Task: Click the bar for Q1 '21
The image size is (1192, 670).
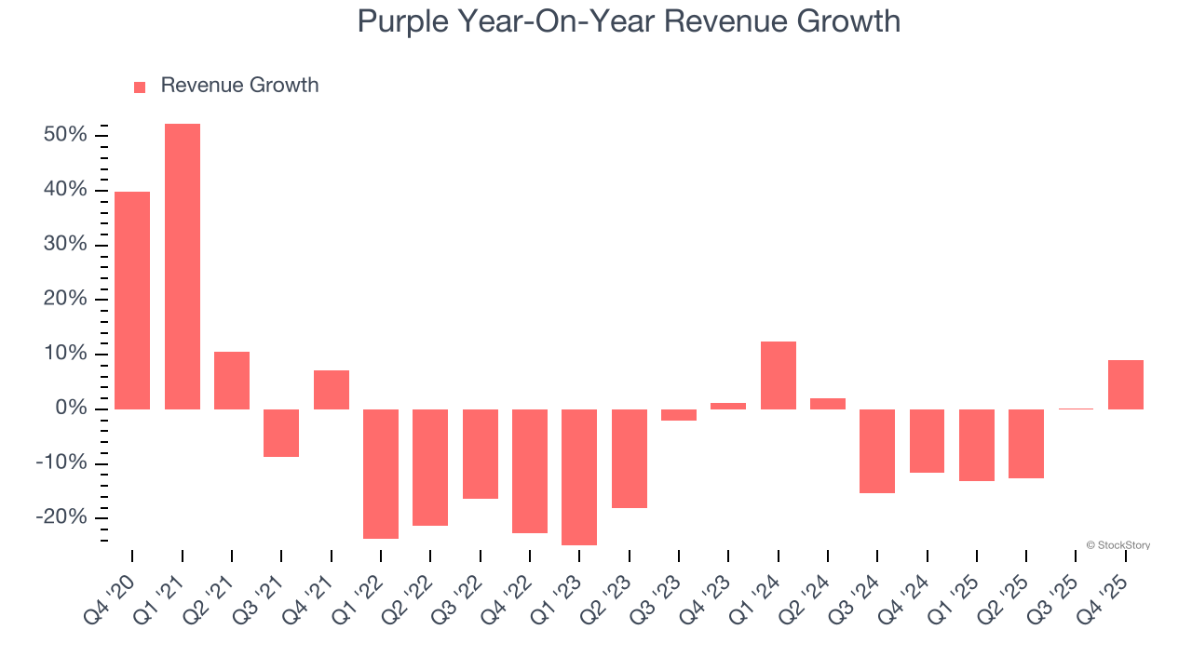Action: coord(183,266)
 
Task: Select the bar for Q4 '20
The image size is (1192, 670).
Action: coord(132,300)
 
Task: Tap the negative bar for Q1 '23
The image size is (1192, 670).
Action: coord(579,476)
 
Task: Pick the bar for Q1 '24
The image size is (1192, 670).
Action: coord(779,375)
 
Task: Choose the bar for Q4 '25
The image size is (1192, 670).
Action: coord(1126,384)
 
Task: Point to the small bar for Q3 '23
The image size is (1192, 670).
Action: coord(679,415)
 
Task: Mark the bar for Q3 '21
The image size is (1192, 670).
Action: coord(281,433)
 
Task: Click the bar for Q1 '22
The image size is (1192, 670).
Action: coord(381,474)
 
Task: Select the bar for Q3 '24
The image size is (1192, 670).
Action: coord(877,450)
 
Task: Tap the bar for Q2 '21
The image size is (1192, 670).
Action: coord(232,380)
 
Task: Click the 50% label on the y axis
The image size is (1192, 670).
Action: coord(65,135)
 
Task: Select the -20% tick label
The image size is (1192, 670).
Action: coord(62,518)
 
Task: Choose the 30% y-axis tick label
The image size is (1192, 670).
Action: coord(65,245)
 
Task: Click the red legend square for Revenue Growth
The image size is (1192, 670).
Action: coord(140,87)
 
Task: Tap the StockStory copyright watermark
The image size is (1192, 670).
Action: coord(1117,545)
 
